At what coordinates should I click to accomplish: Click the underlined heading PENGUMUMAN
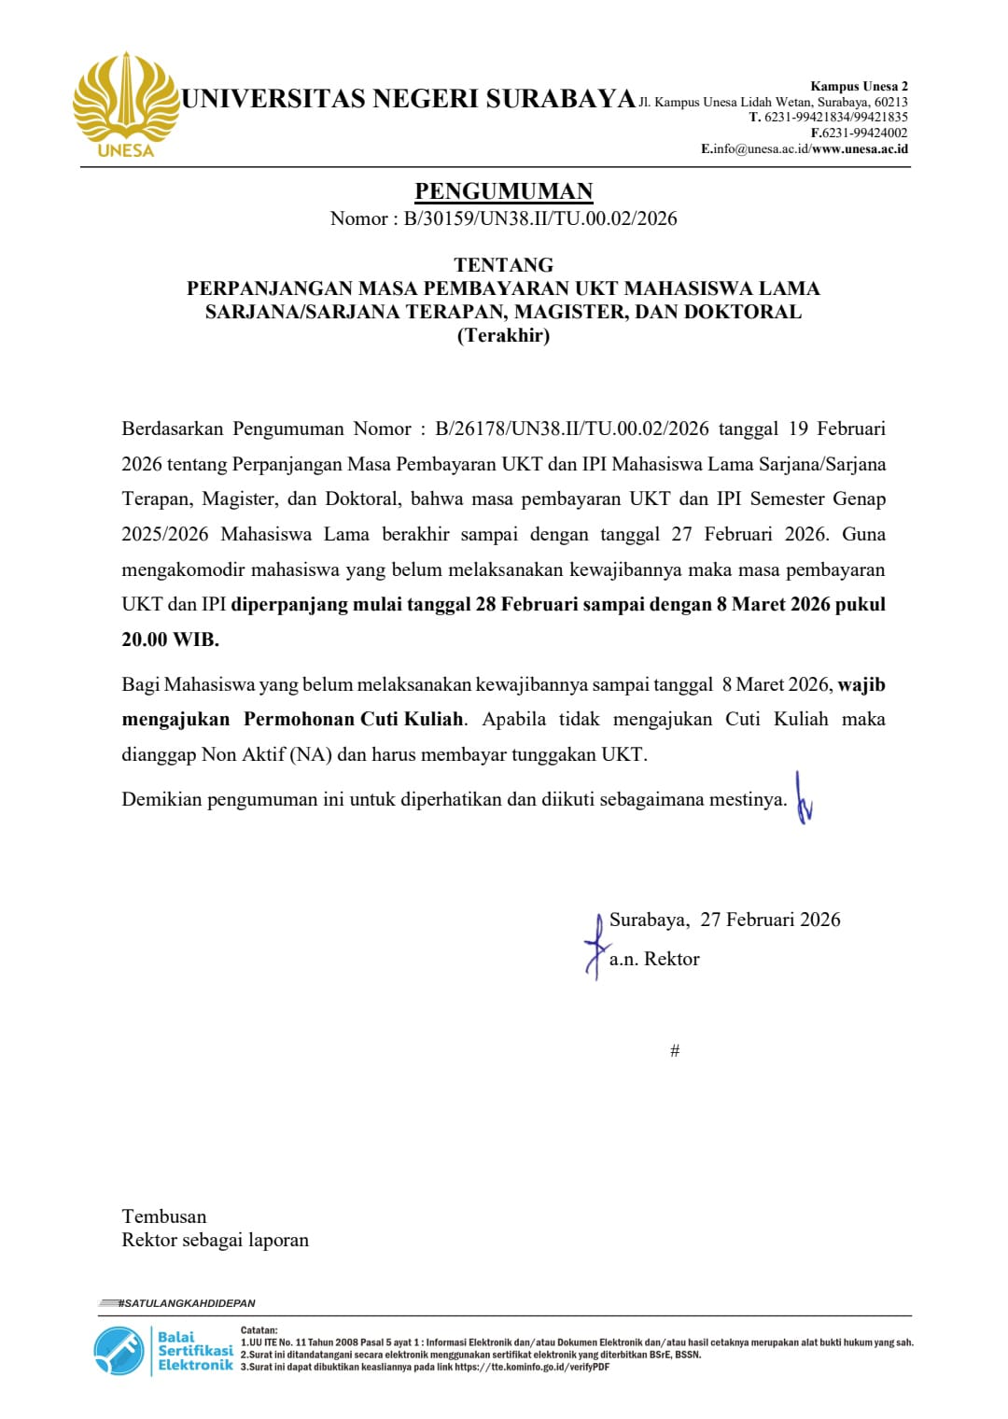click(504, 191)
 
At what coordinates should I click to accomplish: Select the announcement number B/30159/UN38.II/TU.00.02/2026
click(540, 218)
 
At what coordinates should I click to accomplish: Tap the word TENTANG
click(504, 265)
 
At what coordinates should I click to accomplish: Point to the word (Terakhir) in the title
click(503, 335)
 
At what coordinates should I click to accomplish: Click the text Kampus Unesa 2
click(859, 87)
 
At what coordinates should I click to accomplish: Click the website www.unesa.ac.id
click(860, 148)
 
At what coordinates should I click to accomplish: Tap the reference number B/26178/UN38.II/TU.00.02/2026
click(572, 429)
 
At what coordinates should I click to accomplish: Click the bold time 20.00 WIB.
click(170, 639)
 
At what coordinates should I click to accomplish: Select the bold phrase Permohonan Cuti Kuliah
click(354, 719)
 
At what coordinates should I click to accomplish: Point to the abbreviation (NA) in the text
click(312, 754)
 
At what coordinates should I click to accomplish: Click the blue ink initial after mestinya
click(803, 799)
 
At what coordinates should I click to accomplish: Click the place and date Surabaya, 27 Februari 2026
click(724, 920)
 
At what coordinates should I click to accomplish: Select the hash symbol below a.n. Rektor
click(675, 1051)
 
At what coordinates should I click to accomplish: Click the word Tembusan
click(164, 1216)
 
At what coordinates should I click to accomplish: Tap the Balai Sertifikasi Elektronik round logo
click(119, 1351)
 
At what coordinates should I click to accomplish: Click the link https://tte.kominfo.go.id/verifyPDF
click(532, 1367)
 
